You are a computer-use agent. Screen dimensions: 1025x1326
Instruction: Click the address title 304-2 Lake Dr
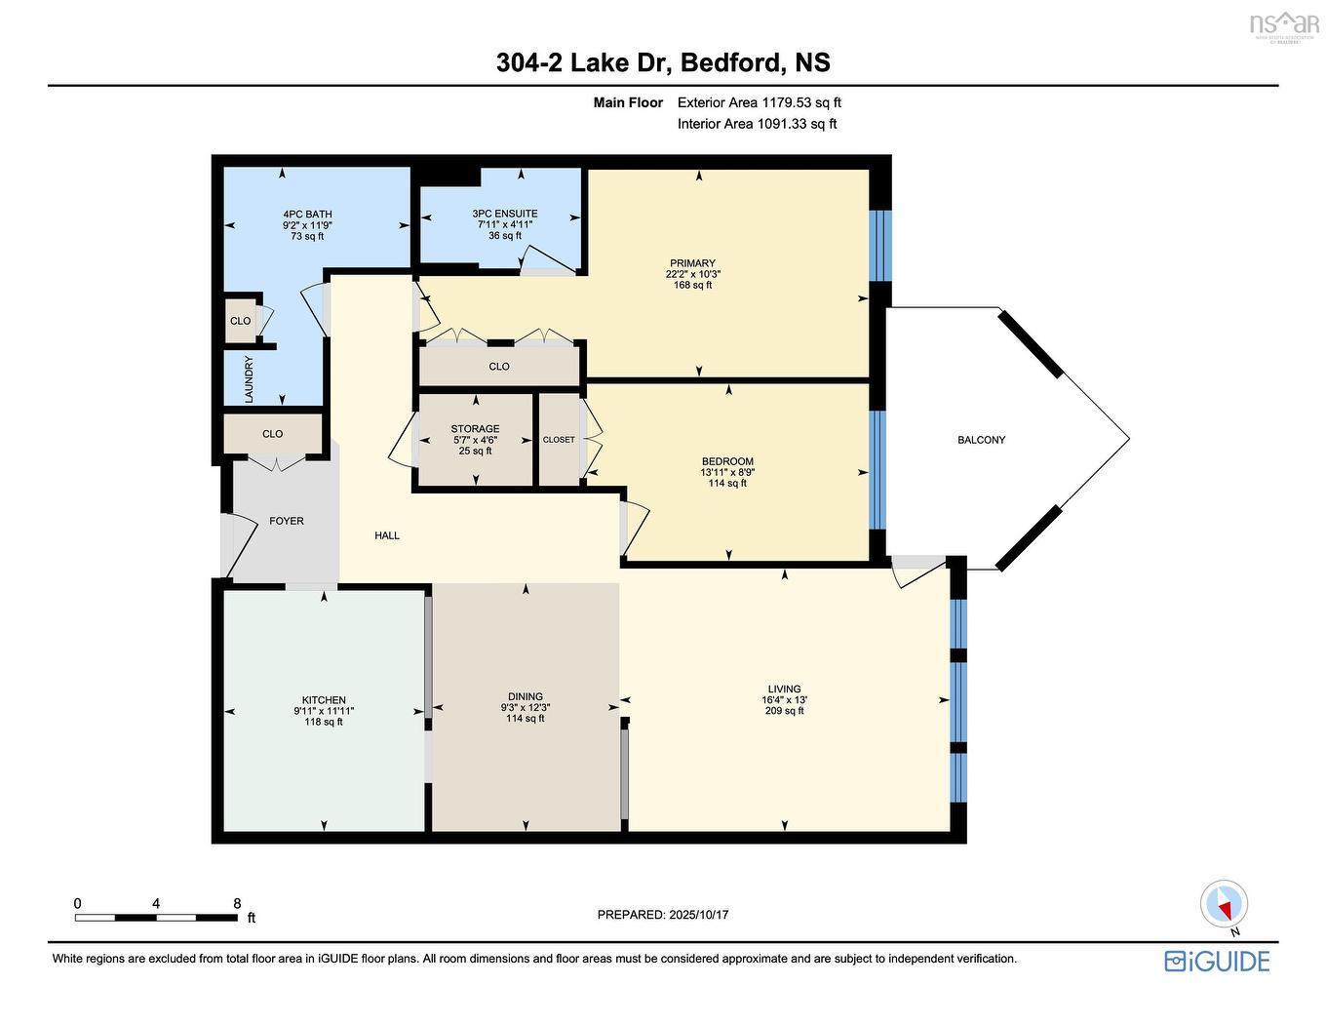663,62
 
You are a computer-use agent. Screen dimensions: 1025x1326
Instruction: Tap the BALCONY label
981,440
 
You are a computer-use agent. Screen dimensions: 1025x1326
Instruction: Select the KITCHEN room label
324,700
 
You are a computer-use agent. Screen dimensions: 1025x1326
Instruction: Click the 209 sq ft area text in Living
784,711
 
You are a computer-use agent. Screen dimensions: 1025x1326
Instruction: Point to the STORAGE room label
475,429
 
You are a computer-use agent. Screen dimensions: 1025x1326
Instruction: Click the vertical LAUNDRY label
250,379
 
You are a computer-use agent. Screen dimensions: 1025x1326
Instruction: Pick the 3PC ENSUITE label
504,214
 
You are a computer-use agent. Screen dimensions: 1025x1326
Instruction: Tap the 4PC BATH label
307,215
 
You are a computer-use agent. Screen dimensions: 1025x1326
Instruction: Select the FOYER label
287,521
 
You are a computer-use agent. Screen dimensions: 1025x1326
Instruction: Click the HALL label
387,535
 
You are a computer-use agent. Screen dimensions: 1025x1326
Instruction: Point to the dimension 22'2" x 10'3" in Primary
692,274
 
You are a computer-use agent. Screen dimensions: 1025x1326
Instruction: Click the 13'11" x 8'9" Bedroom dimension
727,472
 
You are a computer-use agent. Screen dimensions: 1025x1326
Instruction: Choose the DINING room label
525,697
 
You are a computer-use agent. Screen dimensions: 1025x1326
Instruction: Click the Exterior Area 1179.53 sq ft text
759,102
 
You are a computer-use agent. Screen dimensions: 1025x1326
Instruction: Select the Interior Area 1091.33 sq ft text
757,124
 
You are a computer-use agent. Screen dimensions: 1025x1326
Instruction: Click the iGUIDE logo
1217,961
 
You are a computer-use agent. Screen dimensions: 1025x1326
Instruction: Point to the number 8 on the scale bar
237,904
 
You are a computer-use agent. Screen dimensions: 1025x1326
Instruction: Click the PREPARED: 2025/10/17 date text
663,915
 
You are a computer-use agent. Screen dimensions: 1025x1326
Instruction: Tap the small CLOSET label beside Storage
559,440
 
